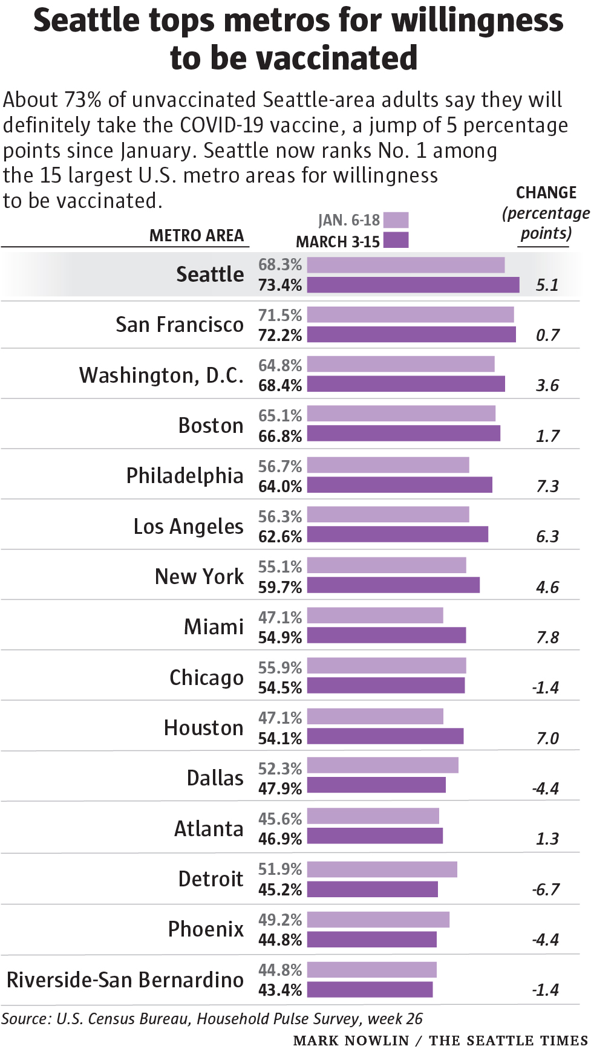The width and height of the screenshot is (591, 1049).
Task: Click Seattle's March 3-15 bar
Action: pyautogui.click(x=413, y=285)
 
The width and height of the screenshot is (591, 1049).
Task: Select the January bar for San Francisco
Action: pyautogui.click(x=410, y=314)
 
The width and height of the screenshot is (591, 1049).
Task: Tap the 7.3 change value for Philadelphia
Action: pyautogui.click(x=547, y=486)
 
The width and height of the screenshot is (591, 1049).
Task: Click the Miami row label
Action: pyautogui.click(x=214, y=627)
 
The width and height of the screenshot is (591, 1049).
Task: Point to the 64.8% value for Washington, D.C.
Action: pyautogui.click(x=279, y=365)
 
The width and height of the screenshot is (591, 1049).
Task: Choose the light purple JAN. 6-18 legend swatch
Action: pyautogui.click(x=396, y=220)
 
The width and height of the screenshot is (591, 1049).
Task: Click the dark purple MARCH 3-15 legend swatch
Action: pyautogui.click(x=396, y=240)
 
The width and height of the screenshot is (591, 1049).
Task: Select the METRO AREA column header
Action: pyautogui.click(x=197, y=235)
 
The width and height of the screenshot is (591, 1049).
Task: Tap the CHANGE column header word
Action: pyautogui.click(x=546, y=192)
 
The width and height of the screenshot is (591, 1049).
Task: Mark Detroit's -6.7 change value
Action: pyautogui.click(x=546, y=889)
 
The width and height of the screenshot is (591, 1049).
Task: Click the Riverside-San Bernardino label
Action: pyautogui.click(x=125, y=979)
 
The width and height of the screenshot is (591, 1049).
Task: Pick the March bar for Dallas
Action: pyautogui.click(x=376, y=785)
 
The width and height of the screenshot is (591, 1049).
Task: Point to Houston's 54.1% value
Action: pyautogui.click(x=279, y=738)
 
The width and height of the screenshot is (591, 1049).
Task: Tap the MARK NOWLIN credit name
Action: pyautogui.click(x=351, y=1040)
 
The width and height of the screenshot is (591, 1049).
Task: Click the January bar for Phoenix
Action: pyautogui.click(x=378, y=920)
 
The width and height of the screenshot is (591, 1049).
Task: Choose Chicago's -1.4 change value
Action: pyautogui.click(x=546, y=687)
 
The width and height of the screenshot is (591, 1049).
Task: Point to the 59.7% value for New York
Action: pyautogui.click(x=279, y=587)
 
